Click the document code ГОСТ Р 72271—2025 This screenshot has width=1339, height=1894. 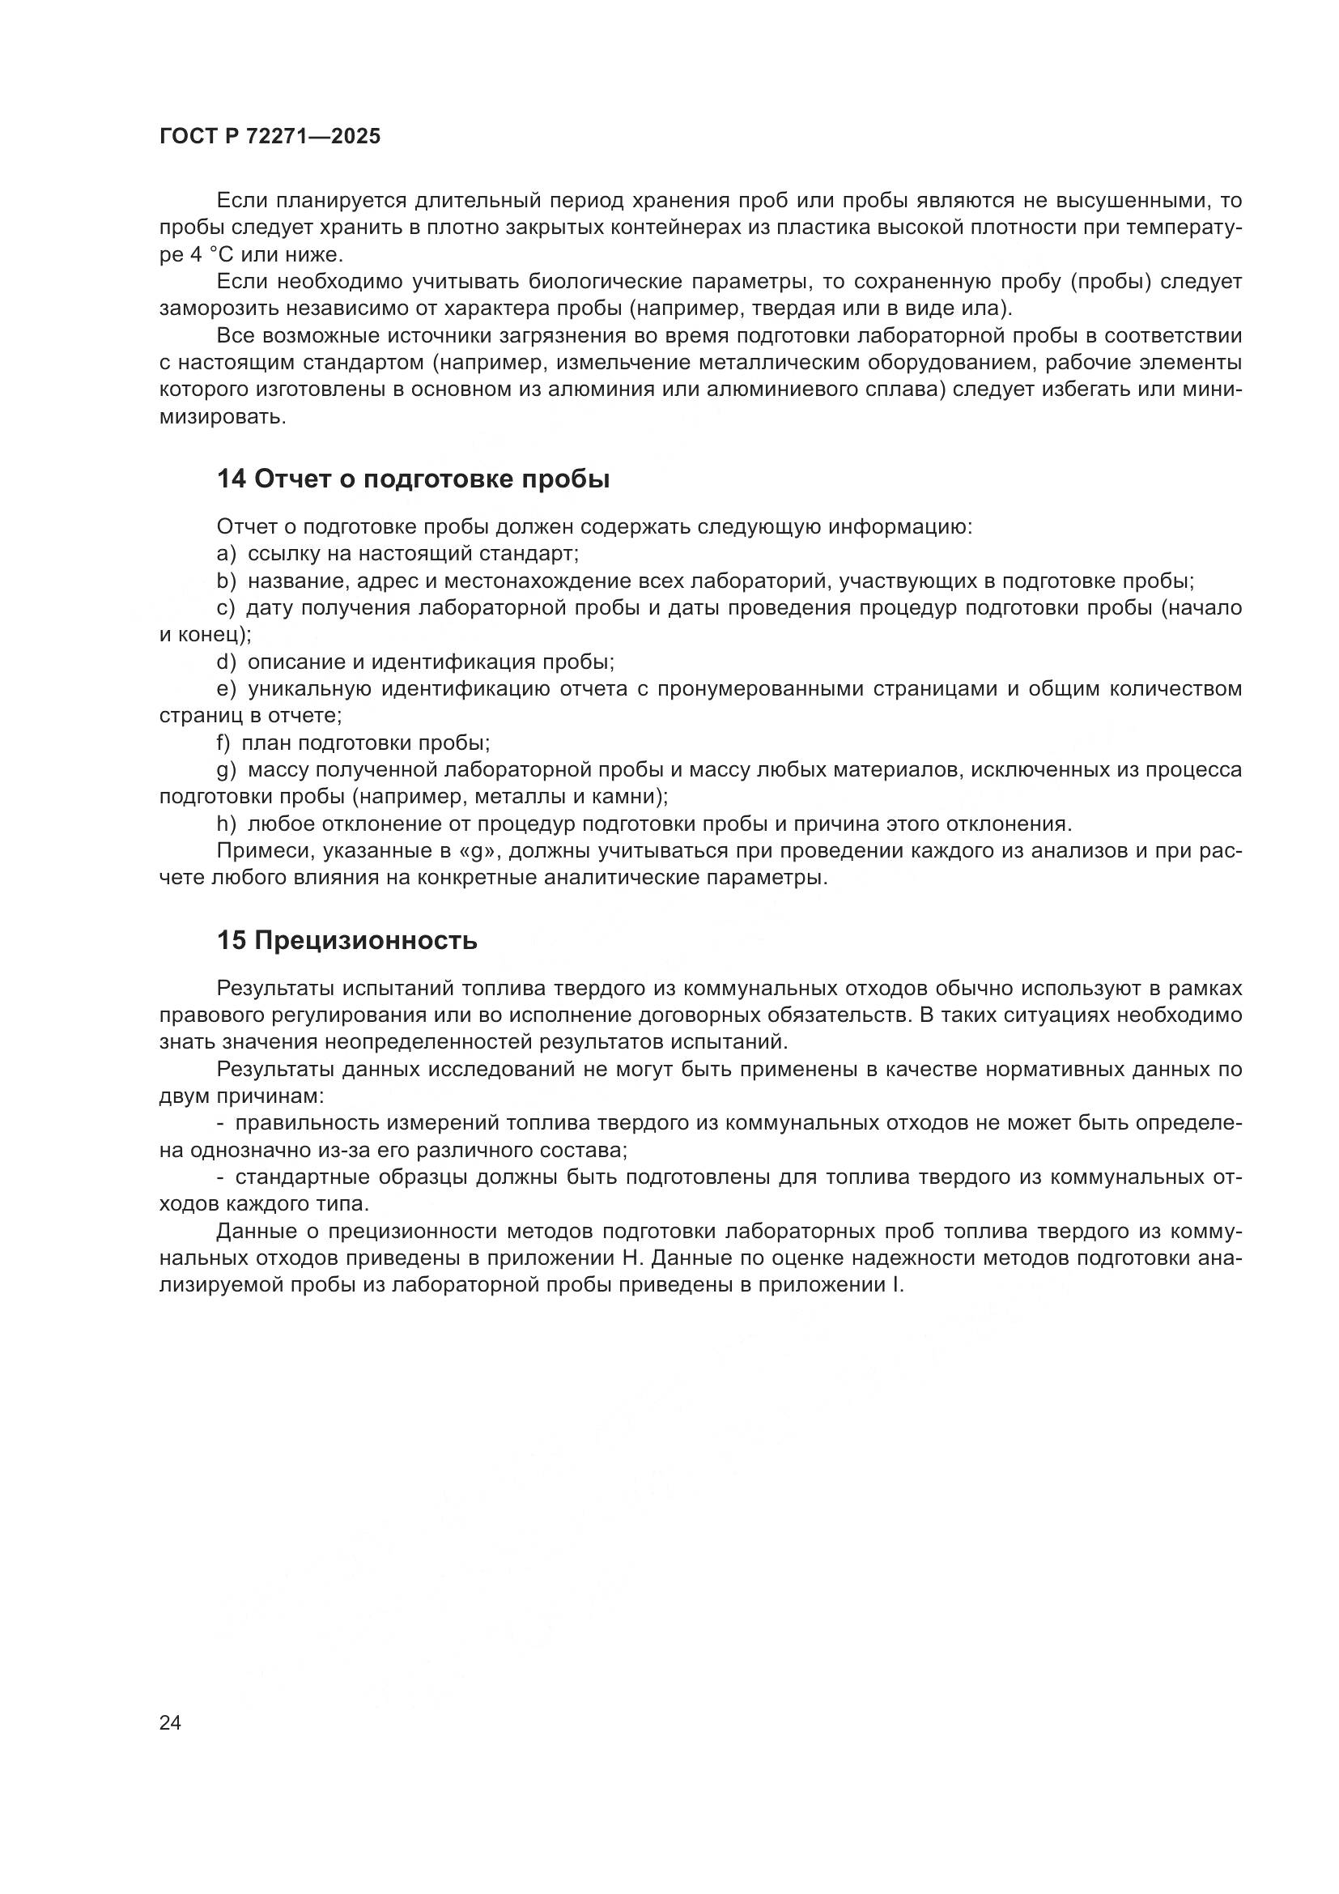coord(270,137)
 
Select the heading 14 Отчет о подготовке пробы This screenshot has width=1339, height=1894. coord(413,479)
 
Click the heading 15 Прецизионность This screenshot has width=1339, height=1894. coord(347,940)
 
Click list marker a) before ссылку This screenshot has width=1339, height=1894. coord(225,554)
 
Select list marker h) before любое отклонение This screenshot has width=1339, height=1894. coord(225,824)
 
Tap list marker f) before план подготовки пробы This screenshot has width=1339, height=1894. coord(223,743)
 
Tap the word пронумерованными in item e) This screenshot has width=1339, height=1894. coord(829,689)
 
